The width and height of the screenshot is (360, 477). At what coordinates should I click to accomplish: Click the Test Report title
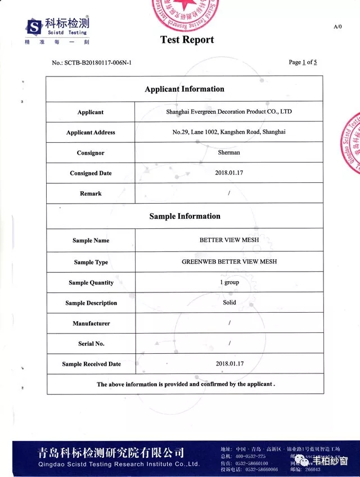click(x=187, y=40)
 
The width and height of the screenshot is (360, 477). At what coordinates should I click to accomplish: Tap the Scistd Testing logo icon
click(x=35, y=26)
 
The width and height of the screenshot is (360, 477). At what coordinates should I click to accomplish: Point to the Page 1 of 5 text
click(x=303, y=62)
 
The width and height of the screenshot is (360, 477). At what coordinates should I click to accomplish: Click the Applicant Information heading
click(x=184, y=89)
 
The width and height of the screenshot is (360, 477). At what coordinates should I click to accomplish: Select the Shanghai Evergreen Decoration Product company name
click(x=229, y=111)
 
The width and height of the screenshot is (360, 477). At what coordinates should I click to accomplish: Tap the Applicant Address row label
click(x=91, y=133)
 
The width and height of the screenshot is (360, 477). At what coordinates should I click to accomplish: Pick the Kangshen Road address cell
click(x=229, y=132)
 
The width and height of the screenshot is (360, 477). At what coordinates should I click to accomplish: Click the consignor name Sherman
click(x=229, y=152)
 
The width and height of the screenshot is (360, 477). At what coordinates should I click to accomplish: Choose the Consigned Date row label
click(x=91, y=173)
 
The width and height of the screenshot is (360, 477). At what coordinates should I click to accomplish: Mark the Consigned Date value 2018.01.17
click(x=229, y=173)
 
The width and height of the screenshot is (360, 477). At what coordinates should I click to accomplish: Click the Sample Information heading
click(x=184, y=216)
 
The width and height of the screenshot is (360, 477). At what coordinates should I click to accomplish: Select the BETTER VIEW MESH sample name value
click(x=229, y=240)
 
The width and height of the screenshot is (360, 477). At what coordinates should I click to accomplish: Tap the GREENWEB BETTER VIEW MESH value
click(x=229, y=262)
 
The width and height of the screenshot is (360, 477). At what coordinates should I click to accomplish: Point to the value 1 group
click(x=229, y=282)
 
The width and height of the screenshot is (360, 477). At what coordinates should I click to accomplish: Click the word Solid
click(x=229, y=303)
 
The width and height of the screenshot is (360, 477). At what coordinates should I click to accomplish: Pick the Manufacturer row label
click(x=91, y=323)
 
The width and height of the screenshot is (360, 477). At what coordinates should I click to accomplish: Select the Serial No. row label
click(x=91, y=344)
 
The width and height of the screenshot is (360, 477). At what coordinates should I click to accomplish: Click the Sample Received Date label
click(x=91, y=364)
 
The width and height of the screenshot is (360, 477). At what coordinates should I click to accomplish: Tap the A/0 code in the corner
click(x=337, y=26)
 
